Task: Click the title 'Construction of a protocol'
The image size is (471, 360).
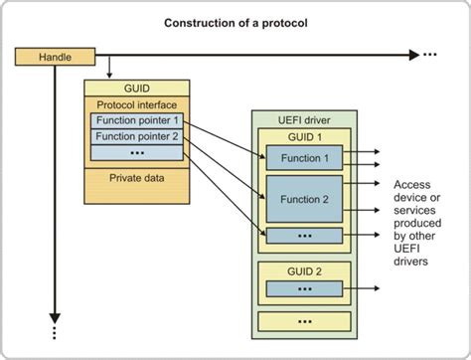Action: (x=235, y=21)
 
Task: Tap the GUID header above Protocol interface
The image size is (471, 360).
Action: (x=138, y=88)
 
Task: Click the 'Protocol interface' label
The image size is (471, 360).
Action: (x=138, y=104)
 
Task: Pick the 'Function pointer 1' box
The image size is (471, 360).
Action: (x=138, y=120)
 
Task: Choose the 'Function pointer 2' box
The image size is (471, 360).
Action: (x=138, y=136)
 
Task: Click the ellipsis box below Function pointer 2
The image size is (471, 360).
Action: (x=138, y=153)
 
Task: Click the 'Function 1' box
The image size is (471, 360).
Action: (x=304, y=157)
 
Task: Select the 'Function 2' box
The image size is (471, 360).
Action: (x=304, y=197)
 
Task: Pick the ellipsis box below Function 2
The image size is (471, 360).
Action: (x=304, y=236)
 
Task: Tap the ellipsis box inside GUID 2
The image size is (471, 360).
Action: (x=304, y=288)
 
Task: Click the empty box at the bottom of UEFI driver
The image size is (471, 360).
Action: (x=303, y=320)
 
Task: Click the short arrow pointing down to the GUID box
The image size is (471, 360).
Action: (x=108, y=68)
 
